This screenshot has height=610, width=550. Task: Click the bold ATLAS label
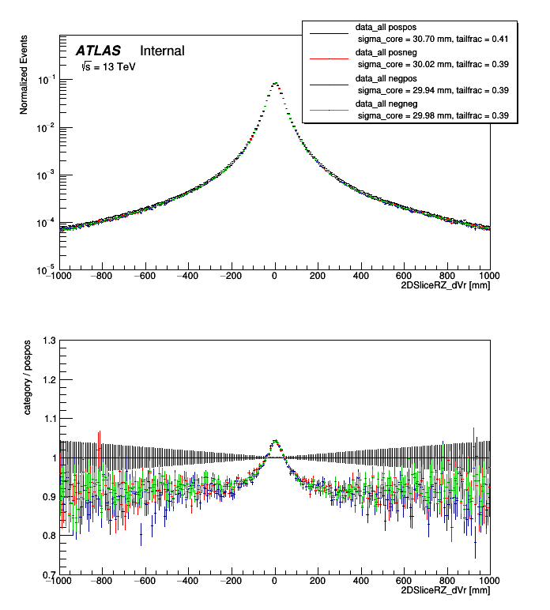pos(98,51)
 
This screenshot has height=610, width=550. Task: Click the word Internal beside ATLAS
pos(162,51)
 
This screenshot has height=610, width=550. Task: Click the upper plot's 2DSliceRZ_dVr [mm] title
pos(445,285)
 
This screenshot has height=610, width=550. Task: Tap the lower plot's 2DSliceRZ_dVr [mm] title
pos(445,590)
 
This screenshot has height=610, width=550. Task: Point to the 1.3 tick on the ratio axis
pos(49,341)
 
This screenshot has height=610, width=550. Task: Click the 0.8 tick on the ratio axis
pos(49,536)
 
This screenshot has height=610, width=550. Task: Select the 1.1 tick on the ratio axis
pos(49,419)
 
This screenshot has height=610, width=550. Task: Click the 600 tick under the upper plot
pos(405,276)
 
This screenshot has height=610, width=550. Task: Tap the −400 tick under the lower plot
pos(188,581)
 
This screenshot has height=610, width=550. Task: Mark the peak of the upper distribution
pos(275,82)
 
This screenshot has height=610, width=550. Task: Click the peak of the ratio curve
pos(275,441)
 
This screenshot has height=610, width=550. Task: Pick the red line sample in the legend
pos(328,58)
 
